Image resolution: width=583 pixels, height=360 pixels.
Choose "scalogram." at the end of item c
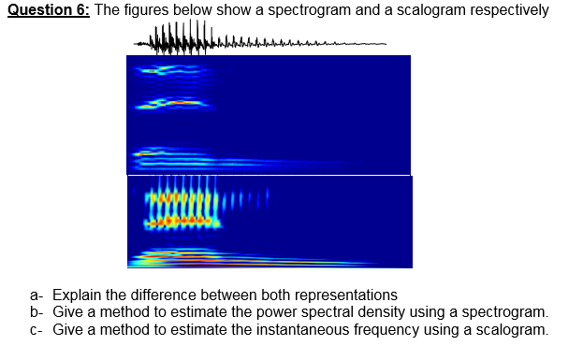(x=511, y=329)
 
